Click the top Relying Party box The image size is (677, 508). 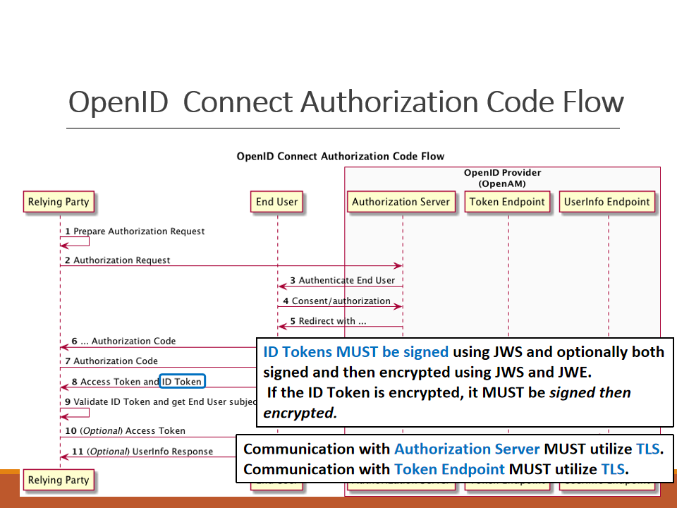(x=59, y=202)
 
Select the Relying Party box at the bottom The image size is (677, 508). (x=59, y=480)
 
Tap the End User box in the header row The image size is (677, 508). (x=277, y=202)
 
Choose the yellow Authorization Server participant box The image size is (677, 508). (x=401, y=202)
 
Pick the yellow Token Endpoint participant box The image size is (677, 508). (x=508, y=202)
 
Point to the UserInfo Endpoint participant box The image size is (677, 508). (x=606, y=202)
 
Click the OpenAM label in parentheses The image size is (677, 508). (x=502, y=184)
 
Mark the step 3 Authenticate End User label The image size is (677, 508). (x=343, y=281)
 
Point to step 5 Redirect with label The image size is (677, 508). (x=328, y=322)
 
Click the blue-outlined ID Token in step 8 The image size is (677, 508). (x=182, y=382)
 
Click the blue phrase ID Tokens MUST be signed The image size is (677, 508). (x=355, y=351)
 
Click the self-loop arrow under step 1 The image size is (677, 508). (x=74, y=242)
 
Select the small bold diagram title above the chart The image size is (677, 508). (x=340, y=157)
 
